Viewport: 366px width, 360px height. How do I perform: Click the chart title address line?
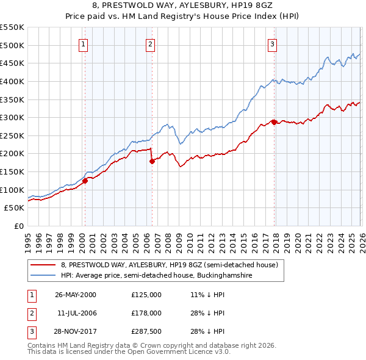pos(183,5)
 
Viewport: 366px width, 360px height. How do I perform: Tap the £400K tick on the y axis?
pos(12,81)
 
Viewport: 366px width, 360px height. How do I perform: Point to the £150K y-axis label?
pos(12,171)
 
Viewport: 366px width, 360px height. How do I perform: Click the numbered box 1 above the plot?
pos(83,43)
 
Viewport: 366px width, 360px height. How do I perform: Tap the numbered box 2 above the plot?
pos(150,43)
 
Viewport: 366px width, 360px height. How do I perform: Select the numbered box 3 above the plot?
pos(272,43)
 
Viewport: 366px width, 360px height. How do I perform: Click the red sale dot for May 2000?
pos(85,181)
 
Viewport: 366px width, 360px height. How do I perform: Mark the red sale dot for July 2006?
pos(152,161)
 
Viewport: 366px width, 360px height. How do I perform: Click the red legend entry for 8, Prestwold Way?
pos(169,265)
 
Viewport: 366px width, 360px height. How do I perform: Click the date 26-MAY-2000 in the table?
pos(76,295)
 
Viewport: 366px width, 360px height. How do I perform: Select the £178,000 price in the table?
pos(146,313)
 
